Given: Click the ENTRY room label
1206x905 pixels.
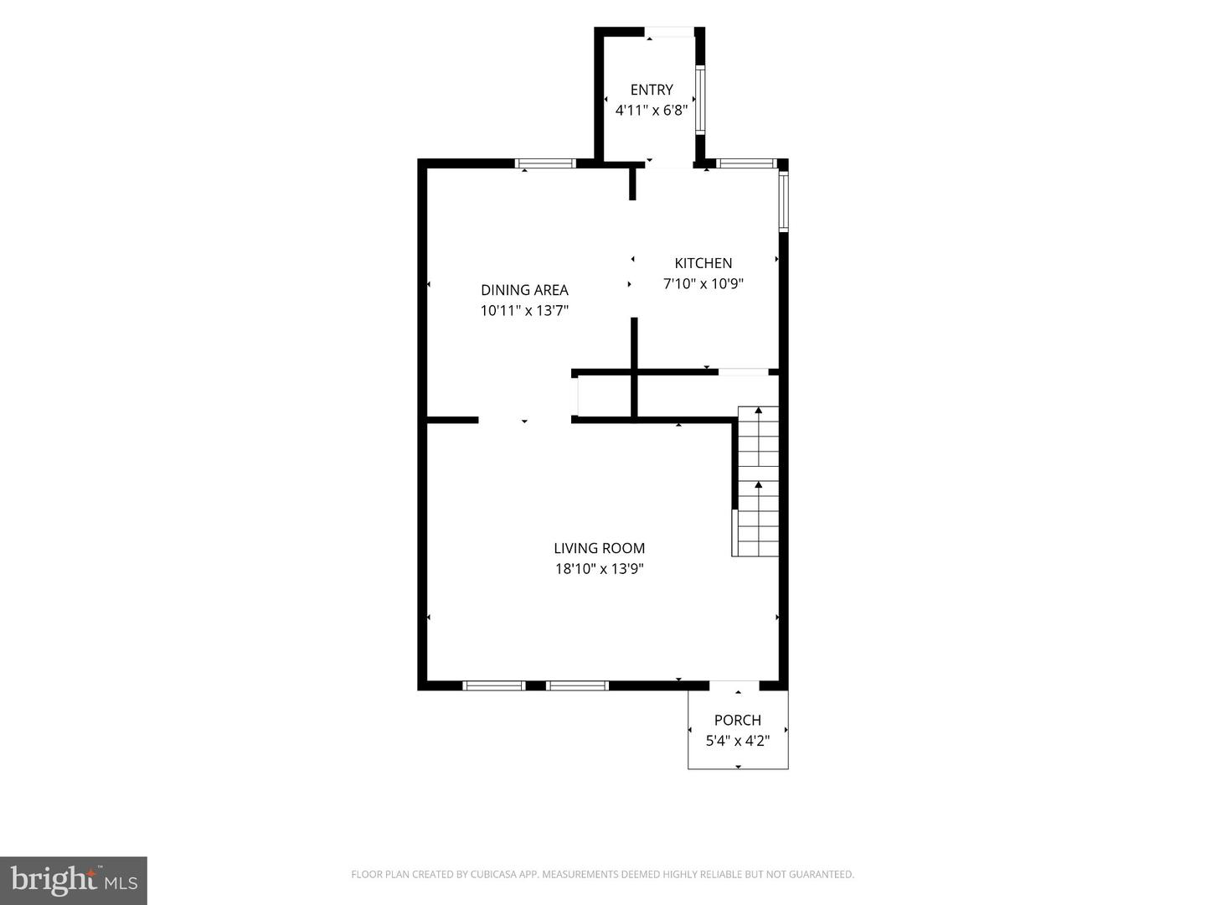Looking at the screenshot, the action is coord(651,90).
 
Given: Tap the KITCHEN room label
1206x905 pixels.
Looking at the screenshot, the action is coord(703,263).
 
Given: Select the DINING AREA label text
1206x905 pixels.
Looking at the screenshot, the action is coord(525,290).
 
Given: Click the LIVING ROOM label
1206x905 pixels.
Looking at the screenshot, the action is coord(600,548).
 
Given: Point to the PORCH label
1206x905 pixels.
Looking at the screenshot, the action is coord(737,720).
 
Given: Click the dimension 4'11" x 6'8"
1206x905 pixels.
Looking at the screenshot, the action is coord(652,111).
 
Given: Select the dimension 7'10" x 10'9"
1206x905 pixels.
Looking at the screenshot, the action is coord(703,284).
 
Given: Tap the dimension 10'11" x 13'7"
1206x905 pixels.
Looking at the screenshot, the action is coord(525,311).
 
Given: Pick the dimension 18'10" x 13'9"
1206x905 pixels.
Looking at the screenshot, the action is coord(600,569).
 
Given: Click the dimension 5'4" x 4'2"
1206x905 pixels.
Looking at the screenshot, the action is coord(737,741).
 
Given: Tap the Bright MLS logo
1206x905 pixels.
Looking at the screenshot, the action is coord(74,880).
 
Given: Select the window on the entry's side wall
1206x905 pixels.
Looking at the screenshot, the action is coord(700,100).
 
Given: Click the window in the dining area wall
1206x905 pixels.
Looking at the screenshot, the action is coord(545,163).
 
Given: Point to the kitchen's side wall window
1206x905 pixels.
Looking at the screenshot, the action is coord(784,201).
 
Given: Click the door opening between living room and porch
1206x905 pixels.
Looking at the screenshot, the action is coord(734,685).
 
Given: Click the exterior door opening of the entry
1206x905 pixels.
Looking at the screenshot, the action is coord(670,32).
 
